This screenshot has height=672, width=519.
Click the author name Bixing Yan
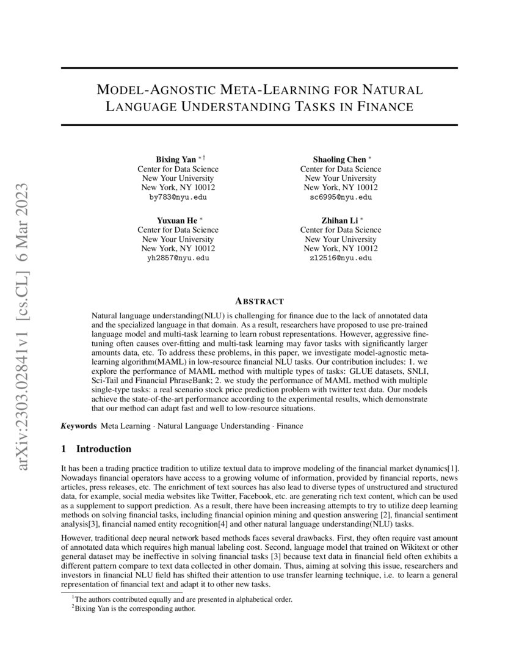tap(173, 159)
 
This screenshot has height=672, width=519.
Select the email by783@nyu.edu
tap(178, 197)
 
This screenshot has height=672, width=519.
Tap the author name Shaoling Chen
tap(339, 159)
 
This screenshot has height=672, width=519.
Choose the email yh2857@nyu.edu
tap(178, 258)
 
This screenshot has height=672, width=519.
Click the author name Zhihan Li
tap(339, 221)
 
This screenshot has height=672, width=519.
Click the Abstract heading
tap(259, 301)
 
